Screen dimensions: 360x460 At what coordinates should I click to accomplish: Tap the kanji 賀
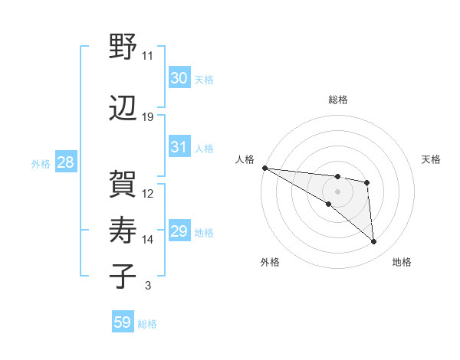[123, 183]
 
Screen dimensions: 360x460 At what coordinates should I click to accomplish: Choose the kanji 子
[123, 275]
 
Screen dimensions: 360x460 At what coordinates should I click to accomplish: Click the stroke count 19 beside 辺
[148, 117]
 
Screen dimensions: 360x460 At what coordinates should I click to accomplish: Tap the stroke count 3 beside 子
[148, 286]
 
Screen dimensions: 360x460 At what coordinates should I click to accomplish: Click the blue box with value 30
[179, 78]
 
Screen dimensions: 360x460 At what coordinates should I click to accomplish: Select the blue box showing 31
[179, 147]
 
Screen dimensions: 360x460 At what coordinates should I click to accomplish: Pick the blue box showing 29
[179, 231]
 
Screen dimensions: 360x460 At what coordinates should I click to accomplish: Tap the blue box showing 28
[65, 162]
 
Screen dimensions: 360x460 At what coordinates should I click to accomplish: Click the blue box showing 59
[123, 322]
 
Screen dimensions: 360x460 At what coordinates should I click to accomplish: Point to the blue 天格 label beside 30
[203, 79]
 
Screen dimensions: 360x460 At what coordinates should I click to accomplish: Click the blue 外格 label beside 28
[41, 163]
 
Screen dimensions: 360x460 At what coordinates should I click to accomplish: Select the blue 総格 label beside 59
[147, 324]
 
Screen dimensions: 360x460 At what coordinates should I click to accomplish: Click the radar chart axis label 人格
[245, 159]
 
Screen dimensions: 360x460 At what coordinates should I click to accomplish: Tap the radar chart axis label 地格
[402, 263]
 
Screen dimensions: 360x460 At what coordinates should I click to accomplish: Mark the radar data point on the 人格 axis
[264, 168]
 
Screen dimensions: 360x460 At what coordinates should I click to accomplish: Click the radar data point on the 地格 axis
[374, 242]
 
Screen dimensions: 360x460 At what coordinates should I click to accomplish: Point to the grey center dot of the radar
[337, 191]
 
